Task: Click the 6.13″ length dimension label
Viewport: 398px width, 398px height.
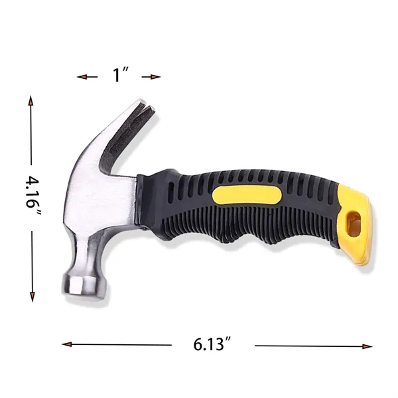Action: coord(212,345)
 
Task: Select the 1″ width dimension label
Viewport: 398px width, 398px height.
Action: coord(120,76)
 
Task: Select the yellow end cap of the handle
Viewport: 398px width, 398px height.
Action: coord(352,226)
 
